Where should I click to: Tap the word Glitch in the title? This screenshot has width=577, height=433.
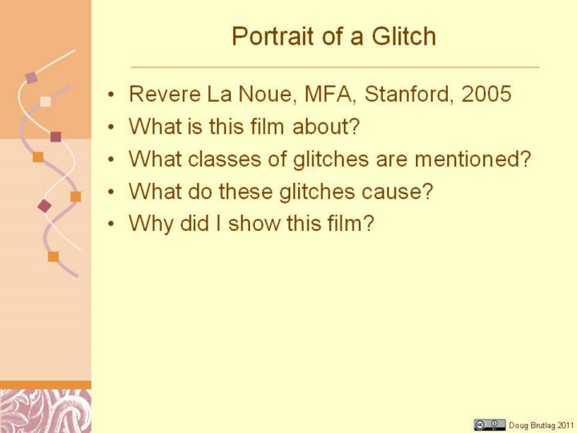click(x=403, y=36)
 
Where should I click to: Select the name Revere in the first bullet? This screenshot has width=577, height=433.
click(x=164, y=94)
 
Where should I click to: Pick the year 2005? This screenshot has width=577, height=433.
click(x=486, y=94)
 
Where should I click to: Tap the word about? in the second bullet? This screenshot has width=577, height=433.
click(x=325, y=127)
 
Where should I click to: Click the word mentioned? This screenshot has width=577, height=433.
click(x=473, y=159)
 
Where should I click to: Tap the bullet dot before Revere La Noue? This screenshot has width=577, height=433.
click(x=111, y=95)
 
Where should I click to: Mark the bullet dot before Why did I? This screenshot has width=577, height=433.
click(x=111, y=225)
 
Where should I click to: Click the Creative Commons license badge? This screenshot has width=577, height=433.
click(x=490, y=424)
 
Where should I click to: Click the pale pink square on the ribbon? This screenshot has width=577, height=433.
click(x=45, y=101)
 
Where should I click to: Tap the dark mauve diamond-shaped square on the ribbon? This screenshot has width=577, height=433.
click(x=45, y=206)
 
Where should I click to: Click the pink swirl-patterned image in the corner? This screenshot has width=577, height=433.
click(x=46, y=411)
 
